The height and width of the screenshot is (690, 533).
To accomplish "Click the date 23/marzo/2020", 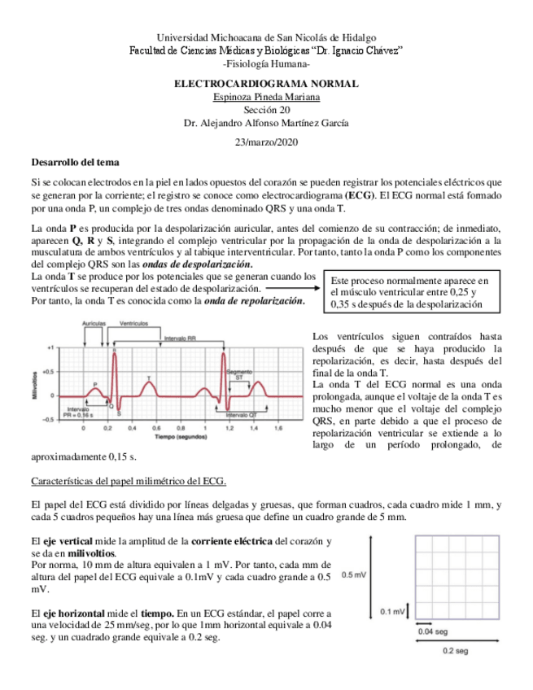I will tap(266, 142).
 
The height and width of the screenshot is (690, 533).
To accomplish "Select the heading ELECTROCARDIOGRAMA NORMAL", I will tap(266, 85).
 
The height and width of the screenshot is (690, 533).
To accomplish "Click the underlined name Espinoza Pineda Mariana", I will tap(266, 98).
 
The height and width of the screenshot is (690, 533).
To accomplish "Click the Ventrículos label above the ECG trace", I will tap(133, 324).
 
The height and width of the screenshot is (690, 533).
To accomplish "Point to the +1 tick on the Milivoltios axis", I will tap(50, 346).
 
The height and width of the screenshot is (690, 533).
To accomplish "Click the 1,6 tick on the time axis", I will tap(278, 426).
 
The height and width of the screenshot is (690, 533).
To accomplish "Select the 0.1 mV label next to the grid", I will tap(393, 612).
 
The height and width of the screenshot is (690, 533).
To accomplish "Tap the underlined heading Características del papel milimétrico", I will tap(128, 481).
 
